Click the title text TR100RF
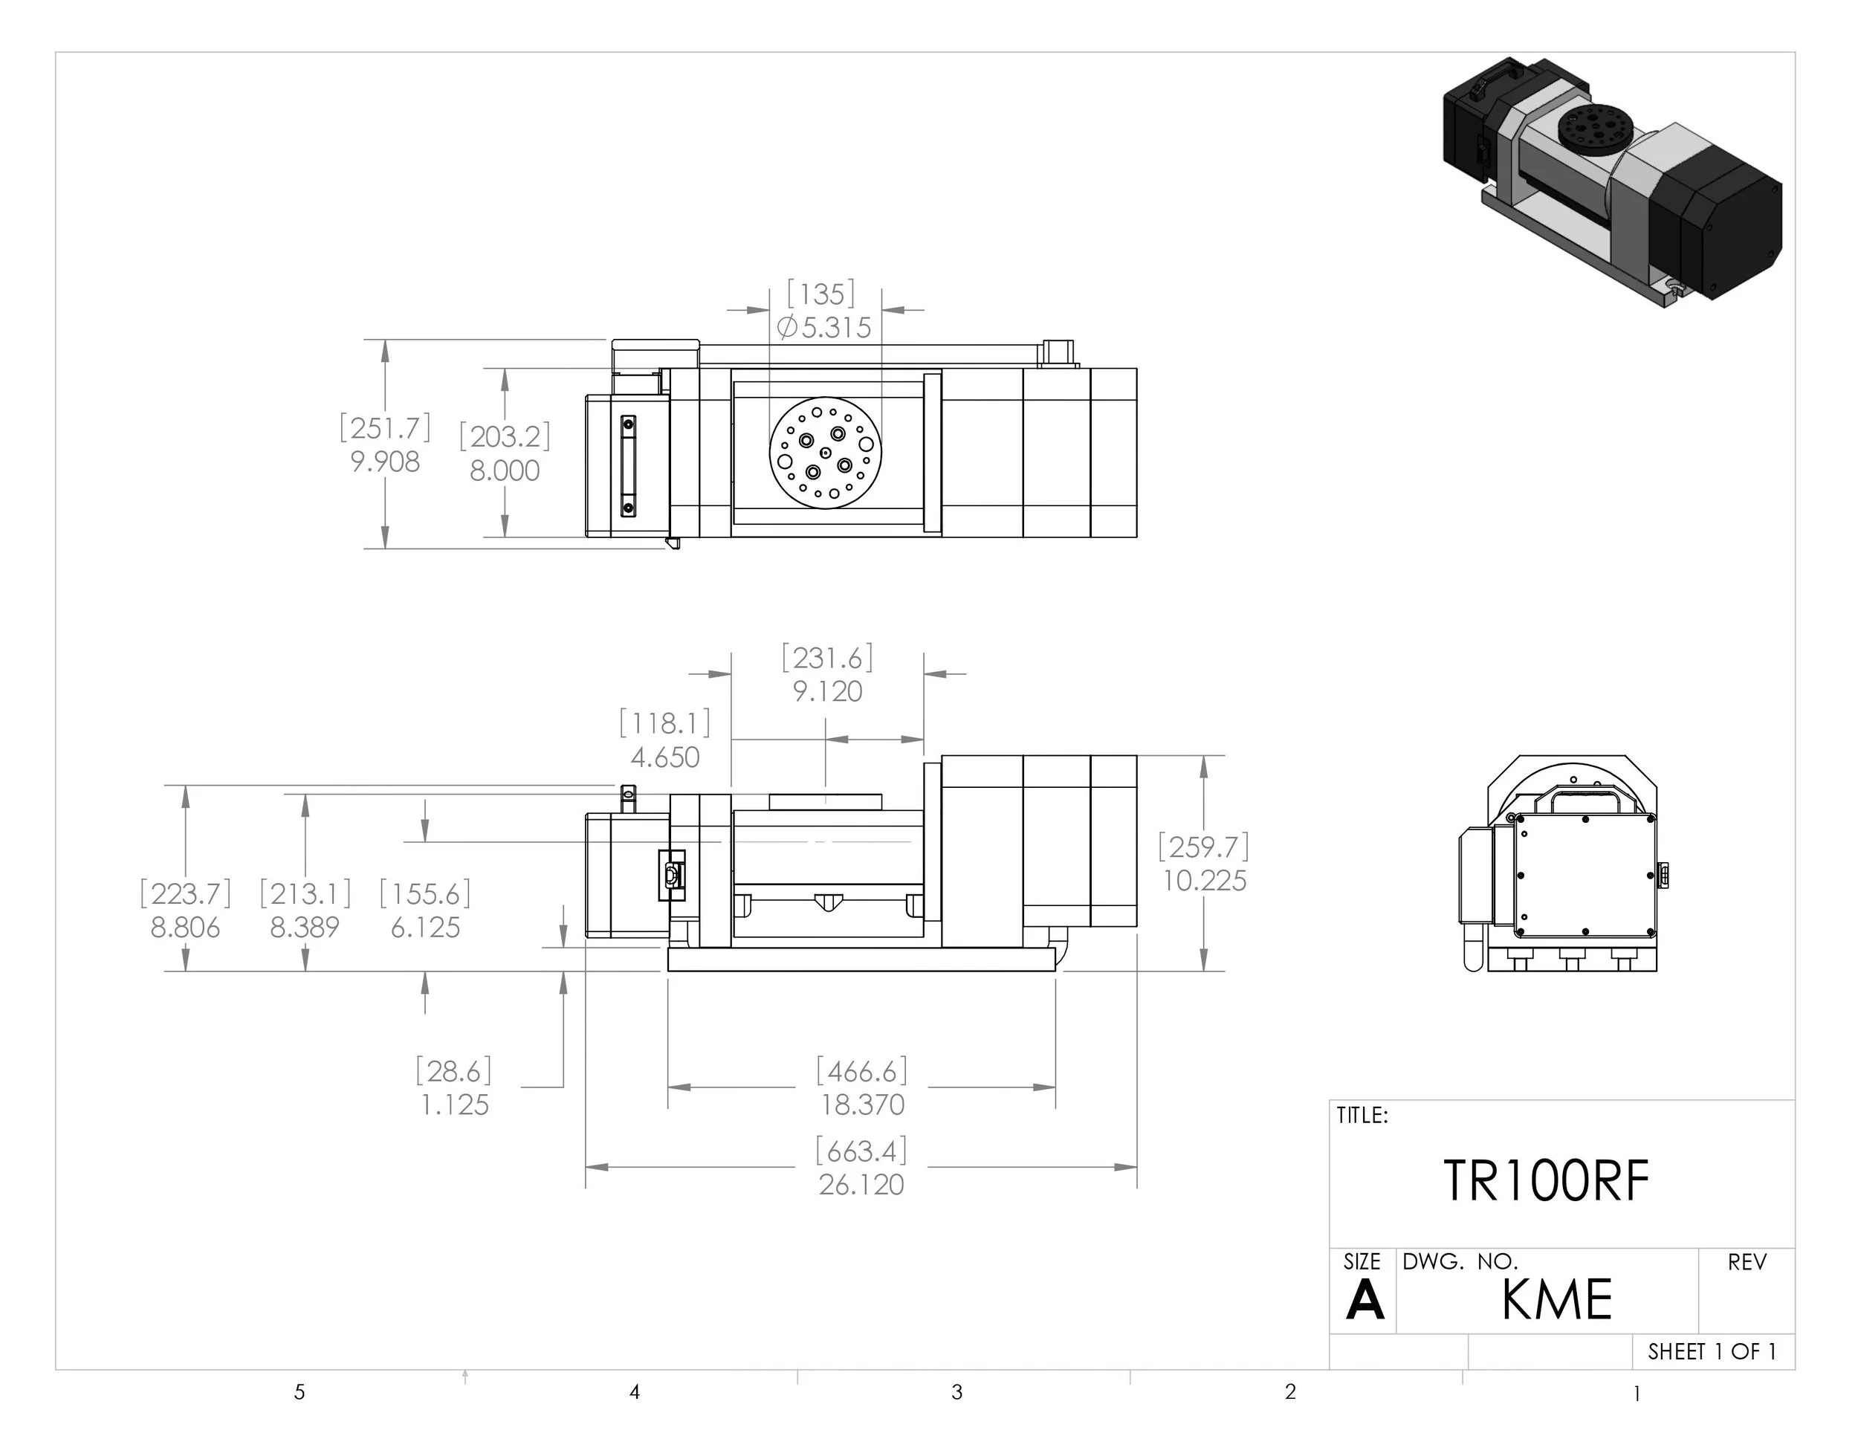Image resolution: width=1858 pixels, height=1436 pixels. (1546, 1182)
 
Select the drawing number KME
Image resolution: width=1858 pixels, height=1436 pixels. (1556, 1300)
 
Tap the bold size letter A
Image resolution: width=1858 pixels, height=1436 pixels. (1365, 1301)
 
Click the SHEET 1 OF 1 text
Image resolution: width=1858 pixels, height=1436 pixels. (1712, 1352)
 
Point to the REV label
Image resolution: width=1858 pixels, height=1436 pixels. (1747, 1263)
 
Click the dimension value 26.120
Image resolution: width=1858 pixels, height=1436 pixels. (861, 1185)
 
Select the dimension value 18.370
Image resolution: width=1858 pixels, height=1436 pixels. (862, 1105)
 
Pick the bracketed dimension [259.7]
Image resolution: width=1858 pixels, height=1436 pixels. (1203, 847)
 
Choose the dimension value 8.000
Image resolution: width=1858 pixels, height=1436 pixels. (505, 470)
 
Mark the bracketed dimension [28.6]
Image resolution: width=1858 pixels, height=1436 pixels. (454, 1071)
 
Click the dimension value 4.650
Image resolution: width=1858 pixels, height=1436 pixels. (664, 757)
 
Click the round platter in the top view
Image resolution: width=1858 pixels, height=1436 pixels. (825, 453)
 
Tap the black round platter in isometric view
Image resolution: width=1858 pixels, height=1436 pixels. (1593, 130)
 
